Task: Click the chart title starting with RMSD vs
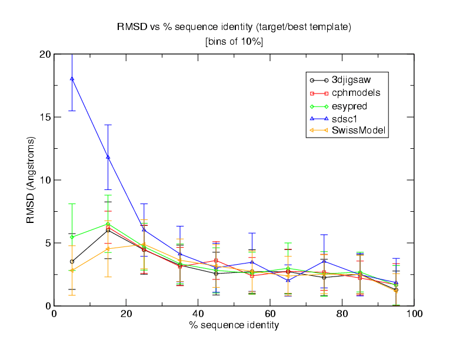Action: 234,27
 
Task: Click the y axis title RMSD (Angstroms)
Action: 31,180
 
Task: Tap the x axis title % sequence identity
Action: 234,325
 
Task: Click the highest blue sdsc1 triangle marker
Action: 72,78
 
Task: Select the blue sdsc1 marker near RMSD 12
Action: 108,157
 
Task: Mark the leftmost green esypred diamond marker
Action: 72,237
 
